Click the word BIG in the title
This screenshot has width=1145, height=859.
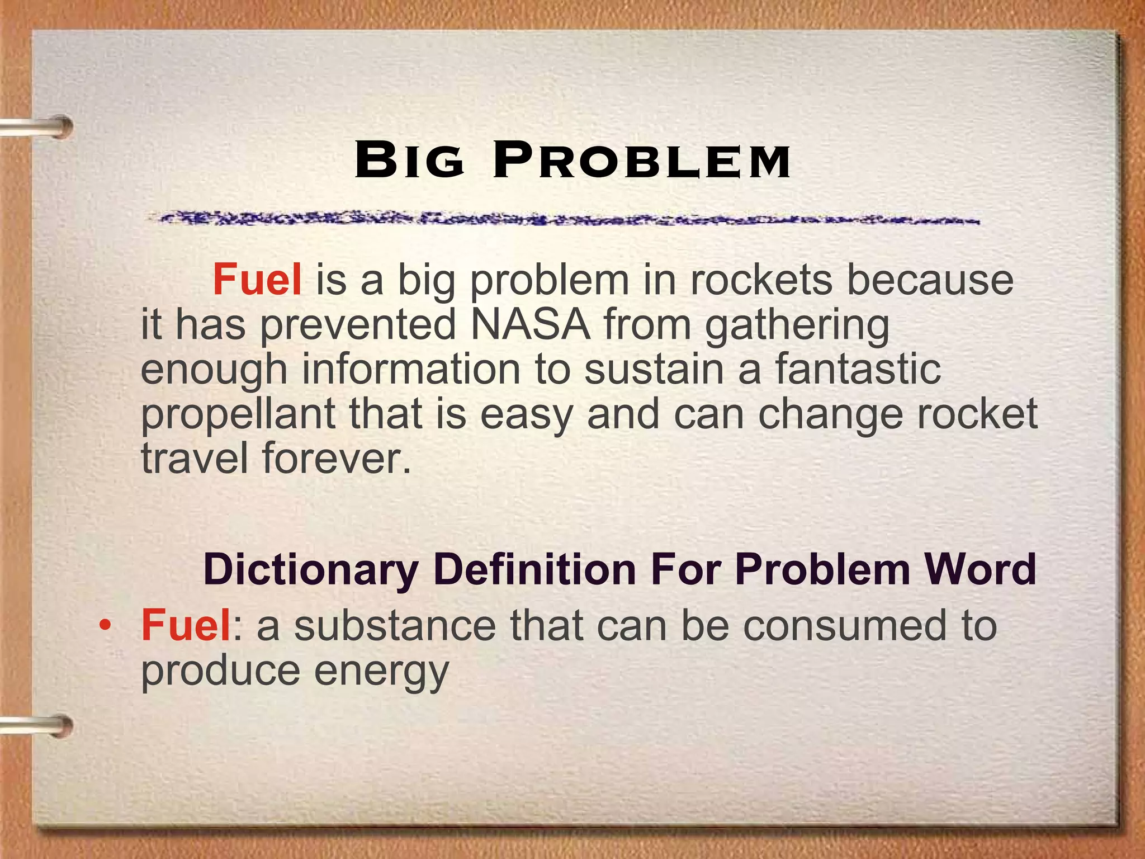(410, 161)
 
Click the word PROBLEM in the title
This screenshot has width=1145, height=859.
(641, 161)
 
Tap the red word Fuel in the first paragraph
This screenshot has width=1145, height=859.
(257, 279)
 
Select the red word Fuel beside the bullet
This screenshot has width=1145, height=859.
(186, 625)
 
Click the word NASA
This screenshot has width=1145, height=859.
(531, 324)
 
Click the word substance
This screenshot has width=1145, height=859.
(395, 625)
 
